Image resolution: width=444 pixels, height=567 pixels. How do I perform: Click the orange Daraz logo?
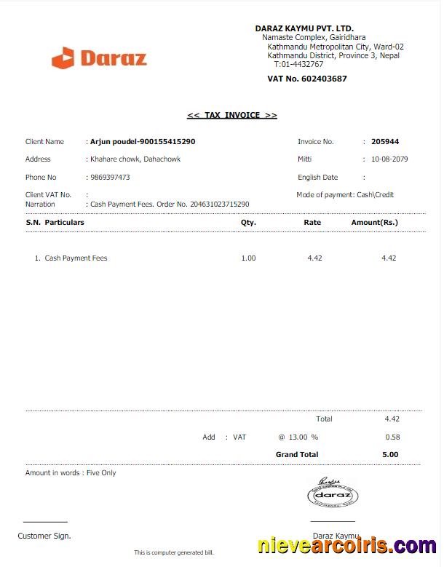pyautogui.click(x=100, y=58)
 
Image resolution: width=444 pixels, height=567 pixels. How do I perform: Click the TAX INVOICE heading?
pyautogui.click(x=232, y=115)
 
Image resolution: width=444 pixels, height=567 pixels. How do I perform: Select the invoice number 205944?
pyautogui.click(x=385, y=142)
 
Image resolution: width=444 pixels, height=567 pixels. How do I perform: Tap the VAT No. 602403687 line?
pyautogui.click(x=307, y=79)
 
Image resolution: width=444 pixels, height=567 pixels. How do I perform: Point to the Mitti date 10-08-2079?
pyautogui.click(x=389, y=159)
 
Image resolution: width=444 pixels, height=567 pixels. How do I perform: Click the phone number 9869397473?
pyautogui.click(x=110, y=177)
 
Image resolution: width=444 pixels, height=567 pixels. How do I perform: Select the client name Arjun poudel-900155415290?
pyautogui.click(x=142, y=142)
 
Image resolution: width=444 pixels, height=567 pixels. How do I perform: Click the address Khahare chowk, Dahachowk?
pyautogui.click(x=135, y=159)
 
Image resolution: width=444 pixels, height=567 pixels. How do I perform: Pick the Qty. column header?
pyautogui.click(x=248, y=222)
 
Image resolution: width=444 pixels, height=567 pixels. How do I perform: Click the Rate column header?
pyautogui.click(x=312, y=222)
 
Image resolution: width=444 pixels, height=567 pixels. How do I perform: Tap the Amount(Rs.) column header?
pyautogui.click(x=375, y=222)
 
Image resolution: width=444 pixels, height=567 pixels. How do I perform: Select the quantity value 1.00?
pyautogui.click(x=248, y=258)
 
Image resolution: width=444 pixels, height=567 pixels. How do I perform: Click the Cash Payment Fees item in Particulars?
pyautogui.click(x=76, y=258)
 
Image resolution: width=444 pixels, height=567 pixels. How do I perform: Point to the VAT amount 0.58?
pyautogui.click(x=392, y=437)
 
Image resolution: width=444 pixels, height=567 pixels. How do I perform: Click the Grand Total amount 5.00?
pyautogui.click(x=390, y=454)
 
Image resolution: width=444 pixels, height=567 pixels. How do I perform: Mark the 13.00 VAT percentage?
pyautogui.click(x=298, y=437)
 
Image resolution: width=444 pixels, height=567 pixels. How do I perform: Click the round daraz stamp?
pyautogui.click(x=332, y=496)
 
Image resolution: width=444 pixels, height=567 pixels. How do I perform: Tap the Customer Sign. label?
pyautogui.click(x=44, y=536)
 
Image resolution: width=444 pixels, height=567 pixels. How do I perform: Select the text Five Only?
pyautogui.click(x=101, y=473)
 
